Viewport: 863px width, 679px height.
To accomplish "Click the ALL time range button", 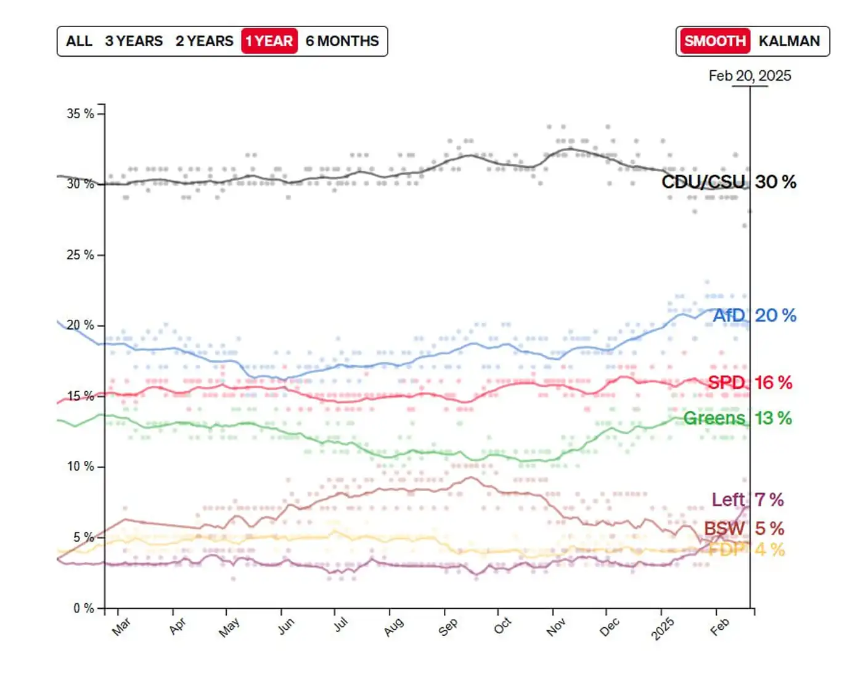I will click(x=79, y=41).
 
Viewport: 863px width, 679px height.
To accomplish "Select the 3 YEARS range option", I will click(x=134, y=41).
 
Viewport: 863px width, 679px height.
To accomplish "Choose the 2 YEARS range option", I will click(x=204, y=41).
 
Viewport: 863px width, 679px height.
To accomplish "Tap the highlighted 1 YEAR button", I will click(x=269, y=41).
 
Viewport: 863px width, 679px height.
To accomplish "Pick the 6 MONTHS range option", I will click(x=342, y=41).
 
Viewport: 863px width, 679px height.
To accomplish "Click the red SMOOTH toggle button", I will click(x=714, y=41).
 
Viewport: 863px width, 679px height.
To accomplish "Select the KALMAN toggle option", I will click(x=789, y=41).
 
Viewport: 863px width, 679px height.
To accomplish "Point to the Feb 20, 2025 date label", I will click(x=750, y=76).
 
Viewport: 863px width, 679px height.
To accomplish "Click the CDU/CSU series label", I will click(x=703, y=182).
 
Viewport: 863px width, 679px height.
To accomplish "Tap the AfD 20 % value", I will click(x=775, y=315).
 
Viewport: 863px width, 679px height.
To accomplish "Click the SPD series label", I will click(x=726, y=383).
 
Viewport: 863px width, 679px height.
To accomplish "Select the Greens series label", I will click(x=714, y=418).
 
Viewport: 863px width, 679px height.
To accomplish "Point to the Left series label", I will click(x=728, y=500).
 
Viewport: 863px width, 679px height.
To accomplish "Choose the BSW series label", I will click(x=724, y=529).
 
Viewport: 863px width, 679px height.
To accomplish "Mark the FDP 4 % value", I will click(x=769, y=550).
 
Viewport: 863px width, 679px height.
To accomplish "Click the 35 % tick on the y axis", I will click(x=81, y=114).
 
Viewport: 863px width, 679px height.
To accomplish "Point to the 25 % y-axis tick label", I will click(x=81, y=255).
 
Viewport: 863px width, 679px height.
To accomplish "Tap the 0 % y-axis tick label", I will click(x=84, y=609).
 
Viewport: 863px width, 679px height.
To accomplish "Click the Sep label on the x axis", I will click(x=448, y=627).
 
